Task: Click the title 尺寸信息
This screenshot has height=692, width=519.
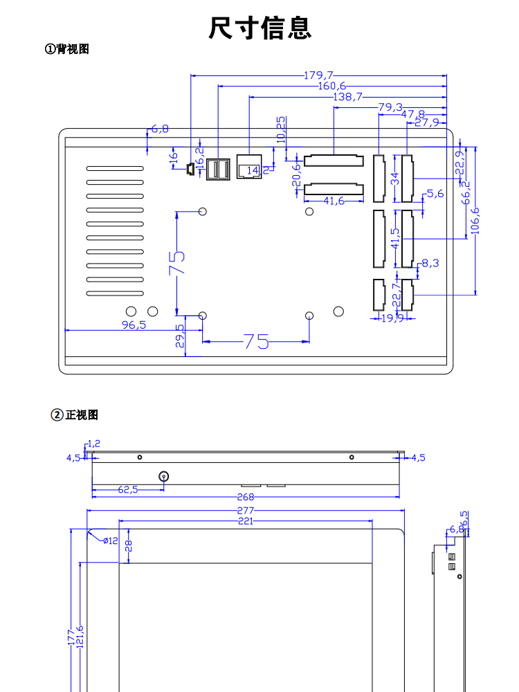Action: tap(260, 28)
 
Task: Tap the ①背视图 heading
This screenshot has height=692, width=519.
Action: tap(67, 49)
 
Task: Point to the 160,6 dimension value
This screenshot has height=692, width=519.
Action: tap(332, 86)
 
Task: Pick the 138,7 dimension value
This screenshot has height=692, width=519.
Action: tap(347, 97)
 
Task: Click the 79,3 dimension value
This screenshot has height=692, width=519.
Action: tap(391, 107)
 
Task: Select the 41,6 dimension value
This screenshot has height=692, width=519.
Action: tap(334, 201)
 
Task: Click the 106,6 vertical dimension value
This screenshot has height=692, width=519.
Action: tap(475, 221)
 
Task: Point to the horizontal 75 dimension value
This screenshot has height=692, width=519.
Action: tap(256, 341)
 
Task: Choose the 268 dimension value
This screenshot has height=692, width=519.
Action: tap(246, 497)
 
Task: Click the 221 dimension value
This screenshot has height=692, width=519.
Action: tap(246, 521)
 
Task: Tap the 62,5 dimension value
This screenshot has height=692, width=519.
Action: tap(128, 489)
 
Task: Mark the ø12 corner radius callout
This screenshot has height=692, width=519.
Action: tap(110, 540)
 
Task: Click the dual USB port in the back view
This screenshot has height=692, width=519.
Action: tap(218, 168)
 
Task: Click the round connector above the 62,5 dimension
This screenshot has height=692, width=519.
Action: tap(164, 476)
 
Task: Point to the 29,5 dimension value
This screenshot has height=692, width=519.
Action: tap(180, 336)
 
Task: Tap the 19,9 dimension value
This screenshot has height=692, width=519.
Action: tap(392, 318)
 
